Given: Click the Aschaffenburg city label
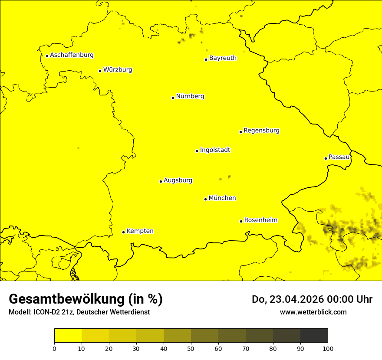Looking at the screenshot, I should pos(72,55).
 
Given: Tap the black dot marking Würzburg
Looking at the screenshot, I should pos(100,71).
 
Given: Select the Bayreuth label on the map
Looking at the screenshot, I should pos(223,58).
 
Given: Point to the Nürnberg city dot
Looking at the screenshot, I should pos(173,98).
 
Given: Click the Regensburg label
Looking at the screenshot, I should pos(261,131).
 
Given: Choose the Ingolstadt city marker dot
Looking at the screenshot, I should pos(197,151).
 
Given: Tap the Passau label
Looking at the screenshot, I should pos(339,157).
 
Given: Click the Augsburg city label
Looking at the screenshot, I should pos(178,180).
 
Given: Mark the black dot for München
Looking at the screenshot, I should pos(205,199).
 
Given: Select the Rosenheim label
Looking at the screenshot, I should pos(260,220).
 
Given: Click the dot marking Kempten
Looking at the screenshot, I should pos(123,232).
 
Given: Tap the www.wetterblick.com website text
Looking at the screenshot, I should pos(313,312).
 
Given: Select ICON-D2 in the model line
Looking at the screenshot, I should pos(46,312).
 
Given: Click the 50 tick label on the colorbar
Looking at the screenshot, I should pos(191,348).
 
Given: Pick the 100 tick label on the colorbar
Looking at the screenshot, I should pos(328,348).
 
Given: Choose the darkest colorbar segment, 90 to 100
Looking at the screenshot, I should pos(314,336).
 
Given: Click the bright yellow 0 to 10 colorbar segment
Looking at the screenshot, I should pos(68,336).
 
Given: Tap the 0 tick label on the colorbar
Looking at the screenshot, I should pos(54,348).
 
